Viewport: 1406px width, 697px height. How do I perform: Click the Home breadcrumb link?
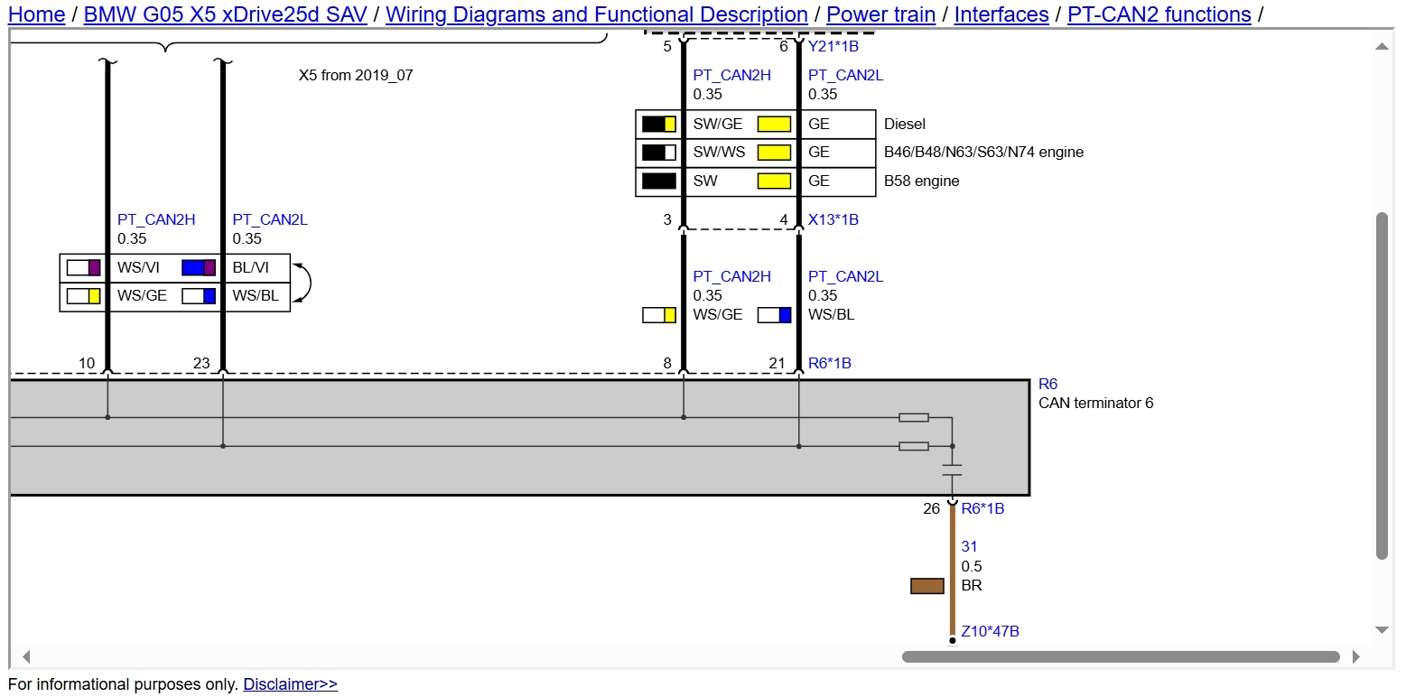click(36, 14)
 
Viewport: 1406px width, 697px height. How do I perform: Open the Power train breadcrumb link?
click(880, 14)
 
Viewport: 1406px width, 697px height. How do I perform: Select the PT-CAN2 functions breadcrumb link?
click(1159, 14)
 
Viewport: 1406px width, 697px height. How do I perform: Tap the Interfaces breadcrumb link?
click(1001, 14)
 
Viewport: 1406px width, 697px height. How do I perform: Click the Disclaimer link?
click(290, 683)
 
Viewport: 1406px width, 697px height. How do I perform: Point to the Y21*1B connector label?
click(833, 46)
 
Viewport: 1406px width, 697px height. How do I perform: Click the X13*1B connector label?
click(833, 219)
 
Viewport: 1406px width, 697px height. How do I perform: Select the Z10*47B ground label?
click(990, 631)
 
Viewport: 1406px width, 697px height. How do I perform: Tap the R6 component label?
click(1048, 384)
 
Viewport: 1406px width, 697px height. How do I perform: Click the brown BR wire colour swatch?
click(927, 586)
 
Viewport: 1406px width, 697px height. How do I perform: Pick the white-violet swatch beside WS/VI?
click(83, 268)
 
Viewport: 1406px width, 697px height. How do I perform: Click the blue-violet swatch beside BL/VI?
click(199, 268)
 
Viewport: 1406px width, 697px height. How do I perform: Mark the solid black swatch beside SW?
click(659, 181)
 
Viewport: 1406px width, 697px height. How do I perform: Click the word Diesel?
click(905, 125)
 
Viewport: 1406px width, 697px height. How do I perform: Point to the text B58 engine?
click(921, 181)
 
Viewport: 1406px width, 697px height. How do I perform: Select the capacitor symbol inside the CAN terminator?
click(952, 470)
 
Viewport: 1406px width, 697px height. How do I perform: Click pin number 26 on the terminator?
click(932, 509)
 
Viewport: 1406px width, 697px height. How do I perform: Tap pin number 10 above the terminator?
click(87, 363)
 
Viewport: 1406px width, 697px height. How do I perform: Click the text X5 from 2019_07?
click(356, 75)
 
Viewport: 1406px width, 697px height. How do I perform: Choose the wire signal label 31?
click(969, 547)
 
